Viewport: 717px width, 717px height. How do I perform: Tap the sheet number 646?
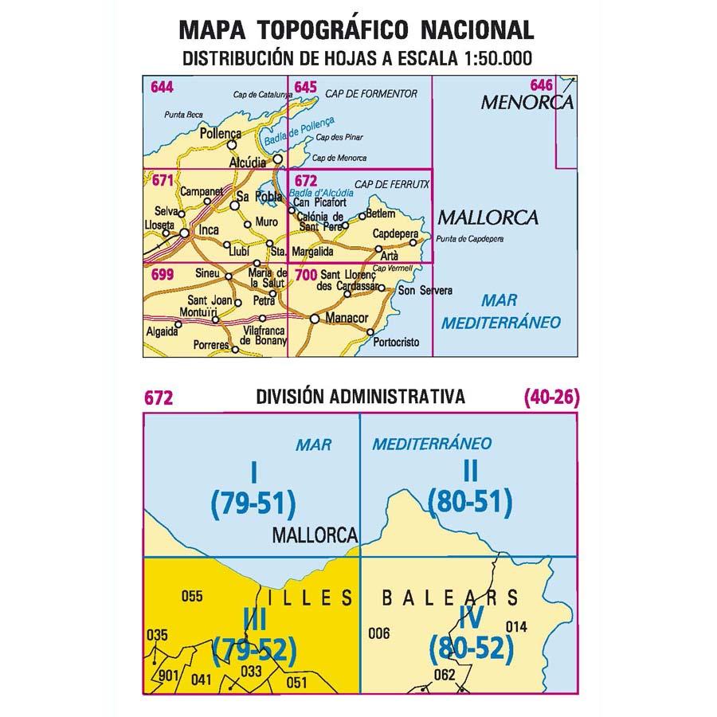[x=542, y=85]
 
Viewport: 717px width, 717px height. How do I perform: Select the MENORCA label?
[x=527, y=103]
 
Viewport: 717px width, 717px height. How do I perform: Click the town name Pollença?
[x=221, y=134]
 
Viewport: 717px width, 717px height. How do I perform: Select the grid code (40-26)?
[x=551, y=397]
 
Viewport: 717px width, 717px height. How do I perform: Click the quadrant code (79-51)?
[x=253, y=502]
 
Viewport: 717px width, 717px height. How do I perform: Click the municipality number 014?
[x=516, y=626]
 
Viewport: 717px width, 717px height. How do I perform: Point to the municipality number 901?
[x=169, y=676]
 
